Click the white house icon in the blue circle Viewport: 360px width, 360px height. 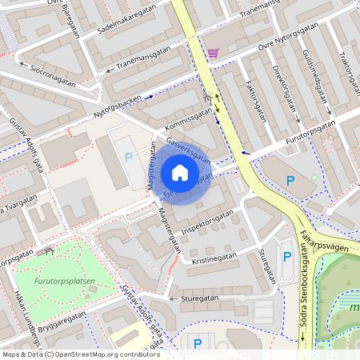(x=180, y=173)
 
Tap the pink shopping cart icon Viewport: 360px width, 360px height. (x=213, y=53)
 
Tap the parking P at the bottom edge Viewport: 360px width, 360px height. (x=197, y=344)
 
